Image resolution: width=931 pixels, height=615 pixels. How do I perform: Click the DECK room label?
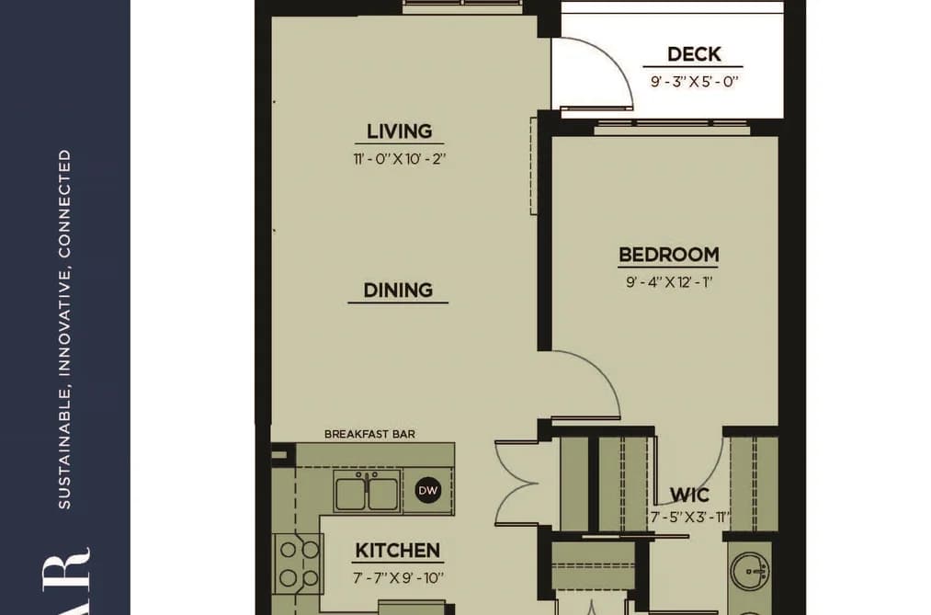point(694,54)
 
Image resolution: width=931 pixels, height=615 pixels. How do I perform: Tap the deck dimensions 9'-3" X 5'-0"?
point(694,81)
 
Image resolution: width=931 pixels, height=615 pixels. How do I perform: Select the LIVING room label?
point(399,131)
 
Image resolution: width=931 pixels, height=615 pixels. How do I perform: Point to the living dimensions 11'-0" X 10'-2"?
point(399,158)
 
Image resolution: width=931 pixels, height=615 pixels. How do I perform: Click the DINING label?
point(398,290)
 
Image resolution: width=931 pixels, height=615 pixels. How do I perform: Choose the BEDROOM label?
point(668,254)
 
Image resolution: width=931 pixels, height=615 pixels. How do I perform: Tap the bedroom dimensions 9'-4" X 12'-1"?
point(668,281)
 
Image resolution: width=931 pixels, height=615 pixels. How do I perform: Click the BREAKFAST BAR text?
point(369,434)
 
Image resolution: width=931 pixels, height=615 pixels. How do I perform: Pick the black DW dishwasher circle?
point(428,490)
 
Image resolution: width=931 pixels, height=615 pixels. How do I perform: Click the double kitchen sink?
point(367,492)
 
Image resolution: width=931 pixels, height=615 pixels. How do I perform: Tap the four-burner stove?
point(299,564)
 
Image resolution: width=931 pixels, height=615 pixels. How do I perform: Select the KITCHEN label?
point(398,551)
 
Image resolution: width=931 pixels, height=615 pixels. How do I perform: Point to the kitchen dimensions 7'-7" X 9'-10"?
point(398,577)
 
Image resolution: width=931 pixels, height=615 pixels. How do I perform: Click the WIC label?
point(688,495)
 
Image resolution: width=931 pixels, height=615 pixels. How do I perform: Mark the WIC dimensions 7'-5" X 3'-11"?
point(688,517)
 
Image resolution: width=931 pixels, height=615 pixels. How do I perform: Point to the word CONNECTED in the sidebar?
point(64,203)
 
